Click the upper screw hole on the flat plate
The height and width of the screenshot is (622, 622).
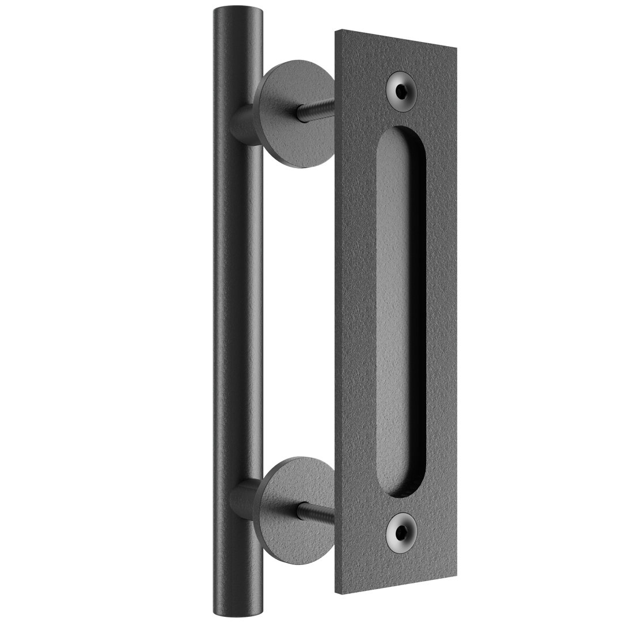[402, 91]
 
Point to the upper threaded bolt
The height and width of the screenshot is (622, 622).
[316, 110]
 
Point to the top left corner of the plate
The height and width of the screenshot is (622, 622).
[337, 32]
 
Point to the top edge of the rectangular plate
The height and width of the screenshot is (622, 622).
[396, 40]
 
